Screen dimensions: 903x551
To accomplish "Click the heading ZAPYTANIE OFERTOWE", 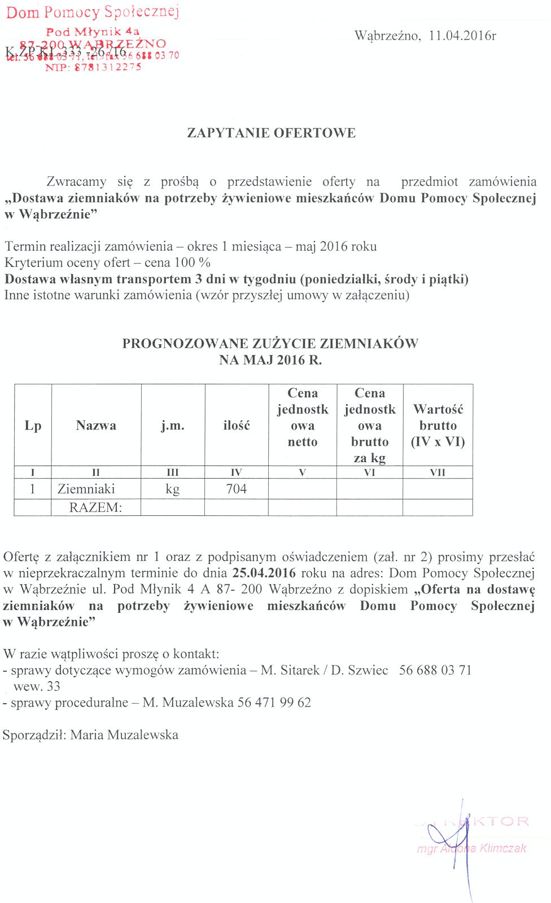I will (x=271, y=133).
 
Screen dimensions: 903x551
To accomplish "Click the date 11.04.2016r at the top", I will (x=462, y=36).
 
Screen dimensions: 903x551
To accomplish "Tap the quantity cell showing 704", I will (x=236, y=489).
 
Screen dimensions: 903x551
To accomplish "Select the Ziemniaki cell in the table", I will (x=86, y=489).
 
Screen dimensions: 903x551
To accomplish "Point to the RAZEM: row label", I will (x=95, y=507).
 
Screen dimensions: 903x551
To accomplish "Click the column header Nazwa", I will (x=96, y=426).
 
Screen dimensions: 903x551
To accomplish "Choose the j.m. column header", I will (x=173, y=426).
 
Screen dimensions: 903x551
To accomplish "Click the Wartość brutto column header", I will (x=438, y=426).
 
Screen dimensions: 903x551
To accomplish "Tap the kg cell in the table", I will (x=173, y=489).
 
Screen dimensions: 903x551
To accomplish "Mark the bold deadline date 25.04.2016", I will (x=264, y=573).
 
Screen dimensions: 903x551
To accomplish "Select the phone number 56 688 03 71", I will (x=435, y=670).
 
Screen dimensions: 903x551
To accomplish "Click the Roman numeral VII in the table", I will (x=438, y=473).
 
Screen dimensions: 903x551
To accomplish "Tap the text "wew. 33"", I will (x=37, y=687).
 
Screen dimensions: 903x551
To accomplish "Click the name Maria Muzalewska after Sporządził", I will (x=124, y=735).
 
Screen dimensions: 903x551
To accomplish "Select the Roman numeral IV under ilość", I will (x=236, y=473).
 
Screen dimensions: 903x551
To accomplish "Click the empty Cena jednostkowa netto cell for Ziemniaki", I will (x=302, y=489).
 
